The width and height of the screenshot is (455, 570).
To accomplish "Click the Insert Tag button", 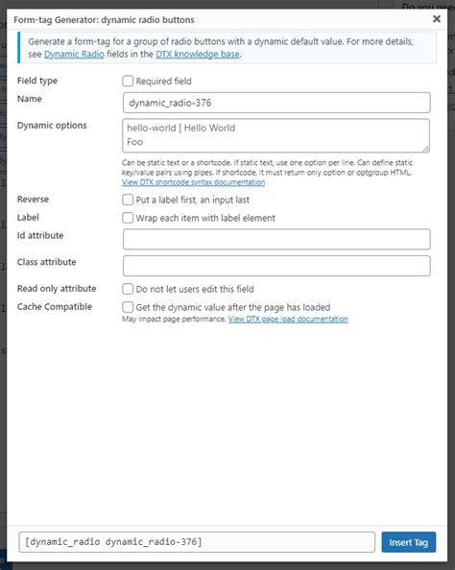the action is pos(408,541).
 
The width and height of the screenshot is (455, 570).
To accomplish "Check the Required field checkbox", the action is pos(129,82).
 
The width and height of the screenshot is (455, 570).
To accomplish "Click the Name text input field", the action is pos(275,103).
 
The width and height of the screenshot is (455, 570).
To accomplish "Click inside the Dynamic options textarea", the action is pos(275,134).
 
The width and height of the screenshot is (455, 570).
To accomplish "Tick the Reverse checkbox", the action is pos(129,200).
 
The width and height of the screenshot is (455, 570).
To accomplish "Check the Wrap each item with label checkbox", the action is pos(129,218).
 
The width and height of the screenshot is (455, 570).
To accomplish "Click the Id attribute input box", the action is pos(275,239).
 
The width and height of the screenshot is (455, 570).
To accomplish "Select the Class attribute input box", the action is pos(275,265).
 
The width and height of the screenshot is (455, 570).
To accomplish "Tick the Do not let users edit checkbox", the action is pos(129,289).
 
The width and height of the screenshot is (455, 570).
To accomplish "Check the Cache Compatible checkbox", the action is pos(129,307).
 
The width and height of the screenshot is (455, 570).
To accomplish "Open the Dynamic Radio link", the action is pos(75,55).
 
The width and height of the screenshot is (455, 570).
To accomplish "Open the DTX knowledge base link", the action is pos(197,55).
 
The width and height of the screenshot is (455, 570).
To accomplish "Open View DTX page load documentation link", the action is pos(288,319).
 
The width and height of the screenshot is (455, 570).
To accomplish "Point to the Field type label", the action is pos(37,81).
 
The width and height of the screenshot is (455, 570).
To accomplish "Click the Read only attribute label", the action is pos(57,288).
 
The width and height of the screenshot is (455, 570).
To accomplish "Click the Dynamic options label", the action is pos(52,125).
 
